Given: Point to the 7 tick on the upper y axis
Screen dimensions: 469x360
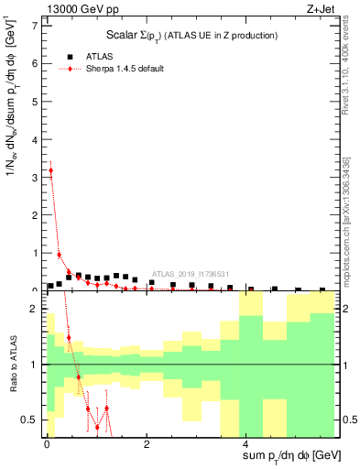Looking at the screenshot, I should coord(36,25).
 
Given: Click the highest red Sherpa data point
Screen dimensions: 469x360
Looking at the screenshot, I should coord(50,169).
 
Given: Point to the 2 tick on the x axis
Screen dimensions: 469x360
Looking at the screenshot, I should coord(147,443).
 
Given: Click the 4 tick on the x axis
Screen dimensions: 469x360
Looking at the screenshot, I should coord(245,443).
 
